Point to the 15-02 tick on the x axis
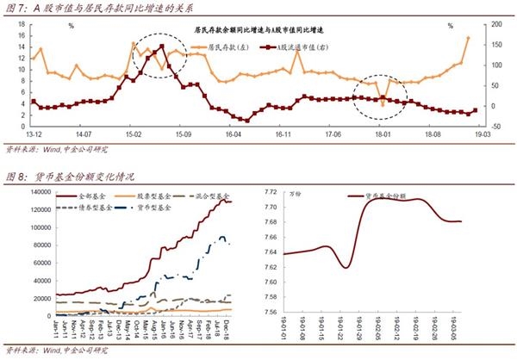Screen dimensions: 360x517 click(134, 135)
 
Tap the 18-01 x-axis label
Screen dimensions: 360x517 click(381, 135)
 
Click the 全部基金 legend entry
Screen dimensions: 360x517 click(92, 197)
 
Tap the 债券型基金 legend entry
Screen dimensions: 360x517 click(92, 208)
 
